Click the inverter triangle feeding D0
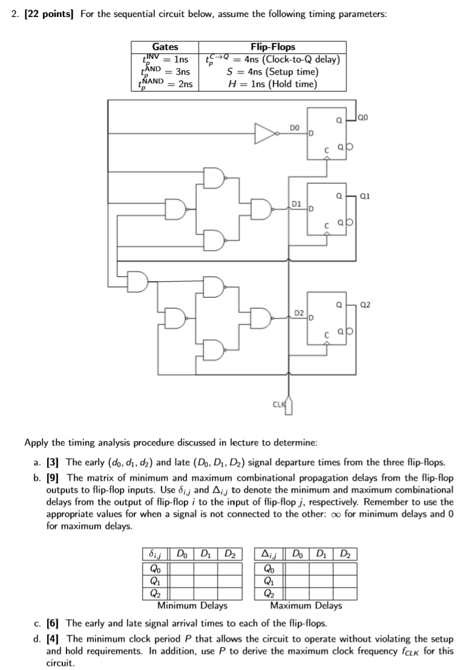click(x=265, y=133)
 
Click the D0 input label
click(x=294, y=128)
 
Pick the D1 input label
click(x=297, y=205)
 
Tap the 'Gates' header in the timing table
click(x=165, y=47)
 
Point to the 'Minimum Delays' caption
click(x=192, y=605)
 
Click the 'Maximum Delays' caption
click(x=306, y=605)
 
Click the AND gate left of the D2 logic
click(x=138, y=265)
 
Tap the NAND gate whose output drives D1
click(x=261, y=209)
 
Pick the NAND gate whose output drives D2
click(x=261, y=317)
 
